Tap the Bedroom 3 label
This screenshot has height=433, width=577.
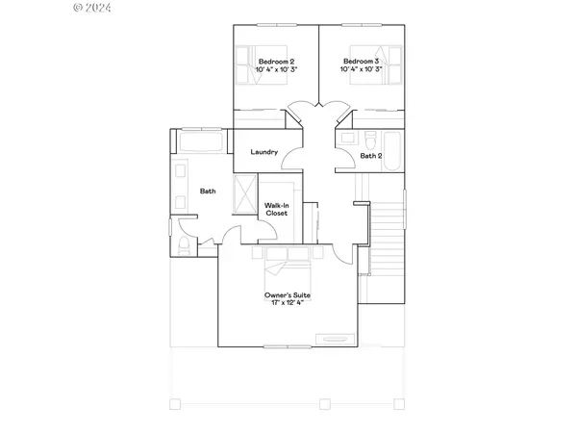click(363, 62)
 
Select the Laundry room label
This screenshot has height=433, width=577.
click(263, 152)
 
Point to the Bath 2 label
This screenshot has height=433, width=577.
click(371, 155)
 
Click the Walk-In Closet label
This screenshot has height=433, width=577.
click(278, 207)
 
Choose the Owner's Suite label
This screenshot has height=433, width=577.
click(287, 294)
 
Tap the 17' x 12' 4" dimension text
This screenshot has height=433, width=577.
click(287, 304)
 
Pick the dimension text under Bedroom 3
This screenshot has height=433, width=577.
click(363, 71)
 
